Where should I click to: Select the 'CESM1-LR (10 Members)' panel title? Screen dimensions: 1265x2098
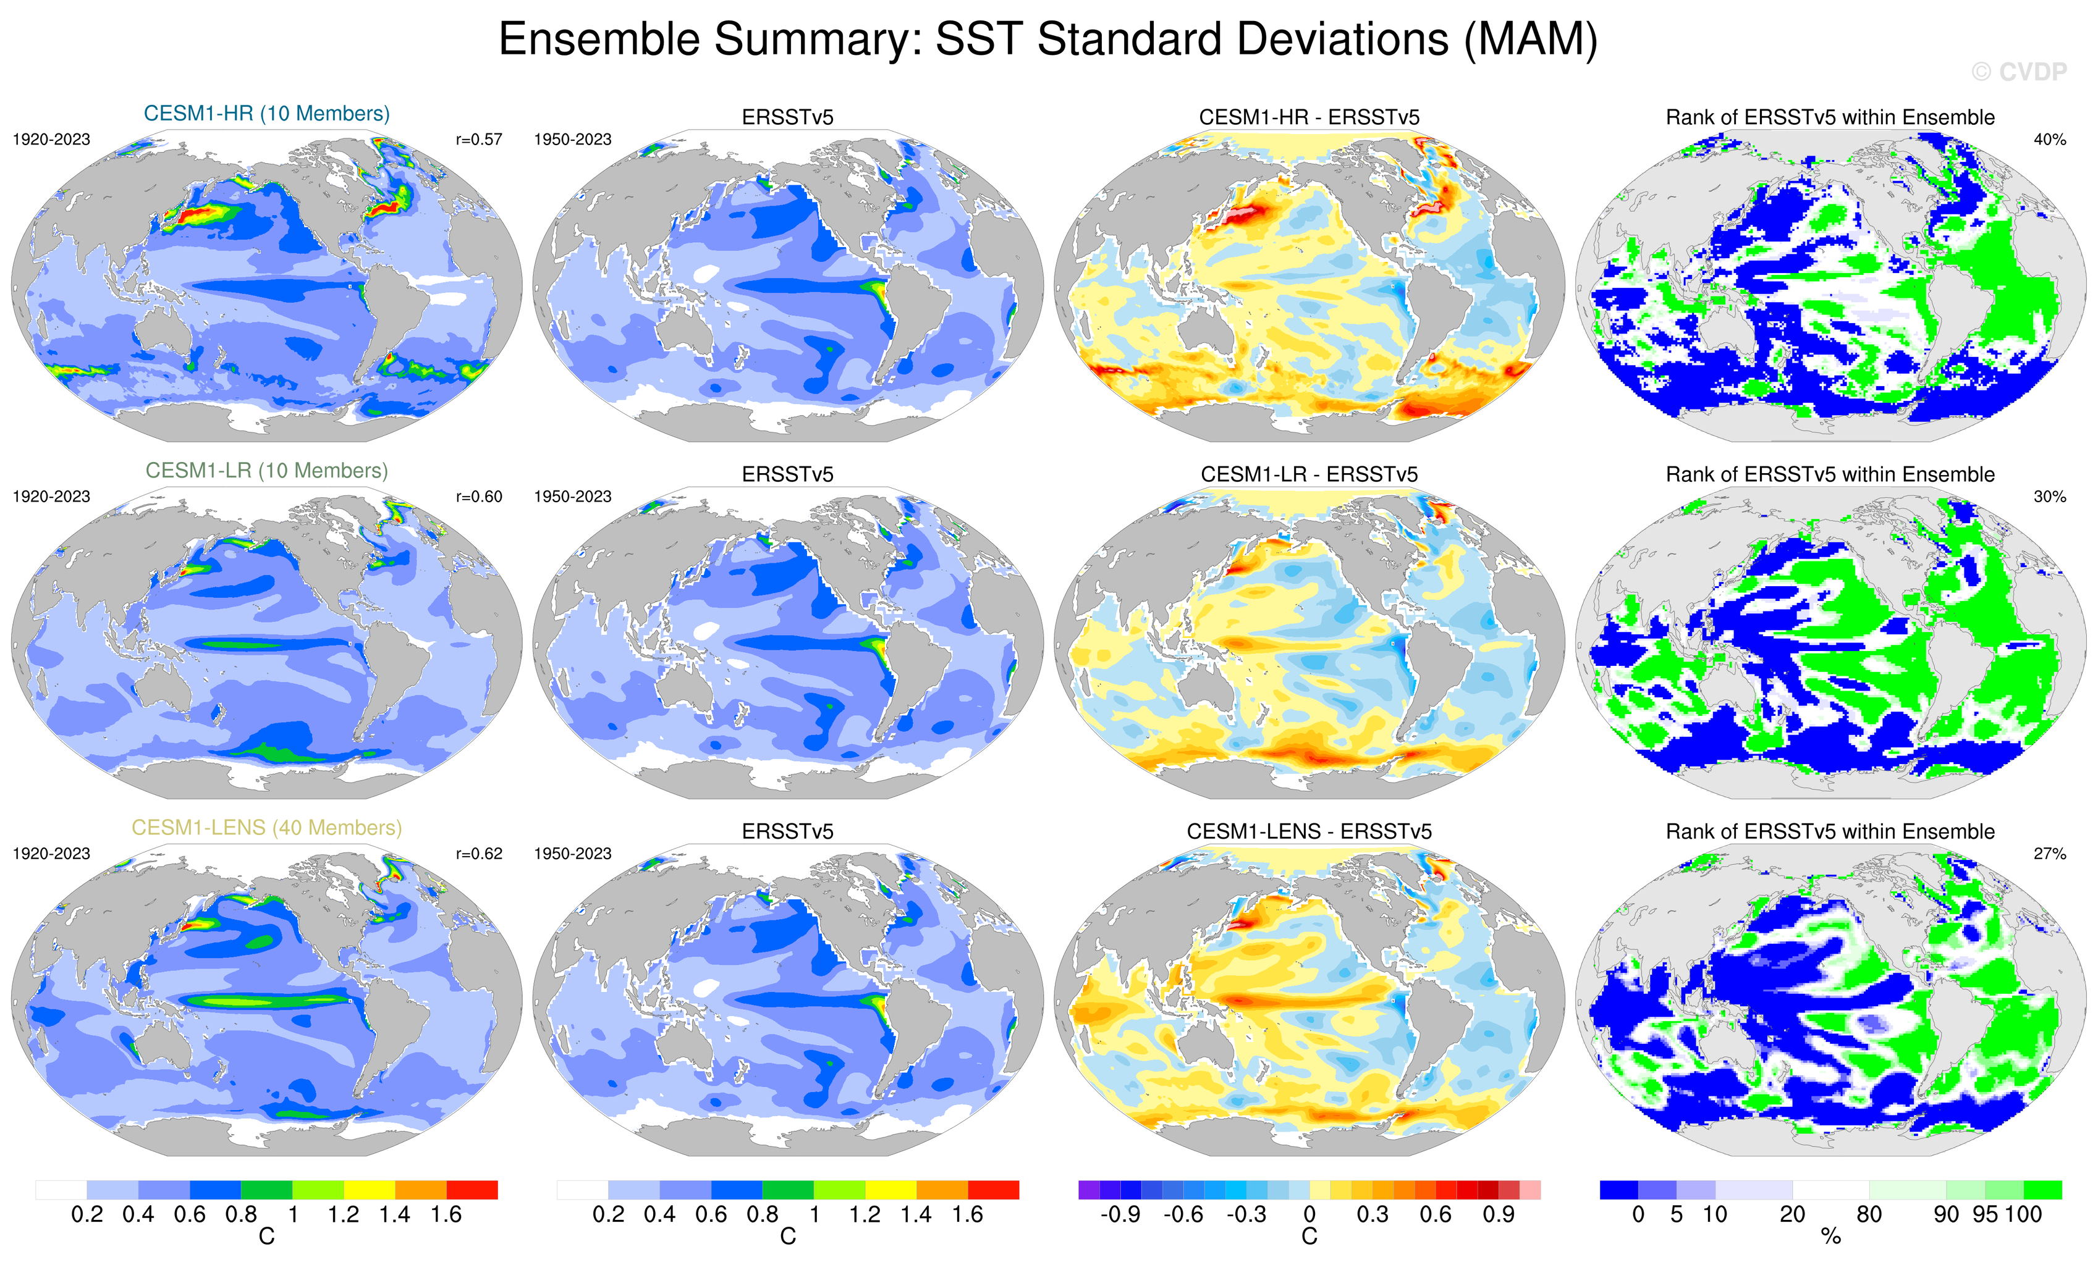point(266,471)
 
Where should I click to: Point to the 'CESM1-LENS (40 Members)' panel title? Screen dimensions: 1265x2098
point(266,828)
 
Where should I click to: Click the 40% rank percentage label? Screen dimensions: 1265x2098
point(2049,140)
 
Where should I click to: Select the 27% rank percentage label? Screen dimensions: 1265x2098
point(2049,854)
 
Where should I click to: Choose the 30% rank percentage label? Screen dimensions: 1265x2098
point(2049,496)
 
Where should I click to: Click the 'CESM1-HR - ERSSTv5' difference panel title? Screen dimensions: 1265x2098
point(1309,117)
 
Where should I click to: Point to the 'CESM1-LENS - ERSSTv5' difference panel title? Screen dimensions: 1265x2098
point(1309,831)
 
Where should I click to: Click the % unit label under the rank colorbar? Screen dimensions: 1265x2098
point(1830,1237)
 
